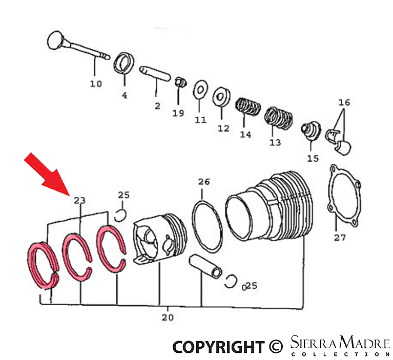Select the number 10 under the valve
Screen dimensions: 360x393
click(96, 83)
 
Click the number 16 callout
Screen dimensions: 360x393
click(344, 102)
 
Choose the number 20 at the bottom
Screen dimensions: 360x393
click(167, 317)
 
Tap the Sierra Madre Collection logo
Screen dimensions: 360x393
click(340, 346)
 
